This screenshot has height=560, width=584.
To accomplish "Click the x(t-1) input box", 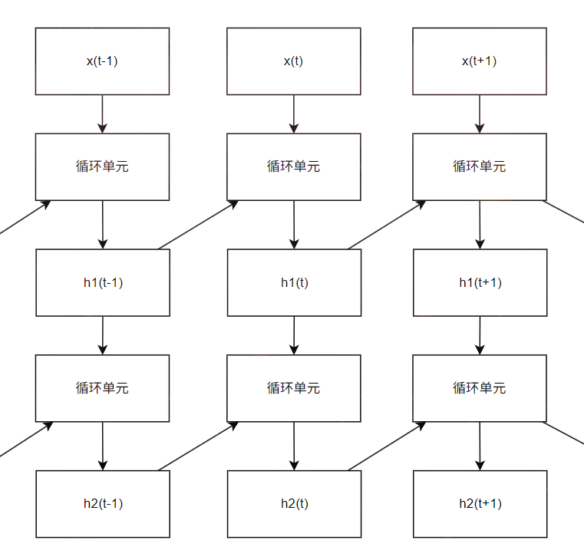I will (x=102, y=61).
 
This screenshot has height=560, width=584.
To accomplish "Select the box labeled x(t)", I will (x=293, y=61).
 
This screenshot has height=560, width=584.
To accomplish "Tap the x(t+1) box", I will (x=480, y=61).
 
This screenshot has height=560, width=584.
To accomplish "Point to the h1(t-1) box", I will (x=102, y=282).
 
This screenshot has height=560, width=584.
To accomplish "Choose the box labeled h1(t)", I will (x=293, y=282).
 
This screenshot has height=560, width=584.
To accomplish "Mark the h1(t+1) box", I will (x=480, y=282).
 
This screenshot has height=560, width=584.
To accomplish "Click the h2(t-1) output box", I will (x=102, y=504).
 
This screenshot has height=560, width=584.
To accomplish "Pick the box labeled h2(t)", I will (x=293, y=504).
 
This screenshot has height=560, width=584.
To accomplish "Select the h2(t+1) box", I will (x=480, y=504).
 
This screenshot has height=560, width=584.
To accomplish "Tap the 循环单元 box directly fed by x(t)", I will (x=293, y=166).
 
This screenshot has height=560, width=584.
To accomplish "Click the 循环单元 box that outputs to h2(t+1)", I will (x=480, y=388).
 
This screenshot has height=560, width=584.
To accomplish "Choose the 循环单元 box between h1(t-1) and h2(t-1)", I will (x=102, y=388).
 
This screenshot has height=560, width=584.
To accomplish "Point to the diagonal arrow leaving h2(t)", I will (x=386, y=446).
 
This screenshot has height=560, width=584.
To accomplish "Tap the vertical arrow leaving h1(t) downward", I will (x=294, y=335).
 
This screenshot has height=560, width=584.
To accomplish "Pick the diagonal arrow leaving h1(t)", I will (x=386, y=225).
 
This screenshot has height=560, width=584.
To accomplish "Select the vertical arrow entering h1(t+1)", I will (x=480, y=224).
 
